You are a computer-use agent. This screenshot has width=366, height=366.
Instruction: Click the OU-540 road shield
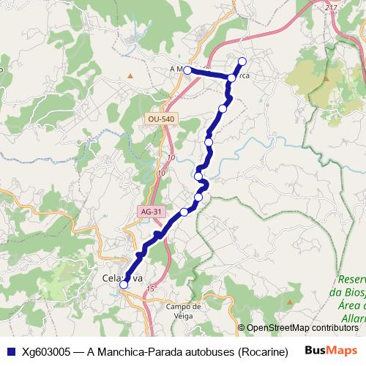pyautogui.click(x=160, y=118)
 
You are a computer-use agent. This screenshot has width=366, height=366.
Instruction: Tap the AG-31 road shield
pyautogui.click(x=149, y=211)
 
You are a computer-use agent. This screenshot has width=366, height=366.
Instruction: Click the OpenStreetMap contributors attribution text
pyautogui.click(x=302, y=328)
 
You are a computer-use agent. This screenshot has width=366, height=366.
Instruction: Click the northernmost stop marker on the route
pyautogui.click(x=243, y=61)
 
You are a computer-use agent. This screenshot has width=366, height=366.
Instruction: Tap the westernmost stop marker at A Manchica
pyautogui.click(x=187, y=70)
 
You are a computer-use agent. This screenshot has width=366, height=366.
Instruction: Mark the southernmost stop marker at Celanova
pyautogui.click(x=124, y=285)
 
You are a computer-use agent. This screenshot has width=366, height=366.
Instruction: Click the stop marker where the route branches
pyautogui.click(x=232, y=78)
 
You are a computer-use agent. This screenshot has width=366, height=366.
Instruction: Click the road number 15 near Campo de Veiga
pyautogui.click(x=150, y=289)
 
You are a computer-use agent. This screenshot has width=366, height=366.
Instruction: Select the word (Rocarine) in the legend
pyautogui.click(x=262, y=350)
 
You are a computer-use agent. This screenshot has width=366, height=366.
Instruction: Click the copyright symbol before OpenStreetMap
pyautogui.click(x=242, y=328)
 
